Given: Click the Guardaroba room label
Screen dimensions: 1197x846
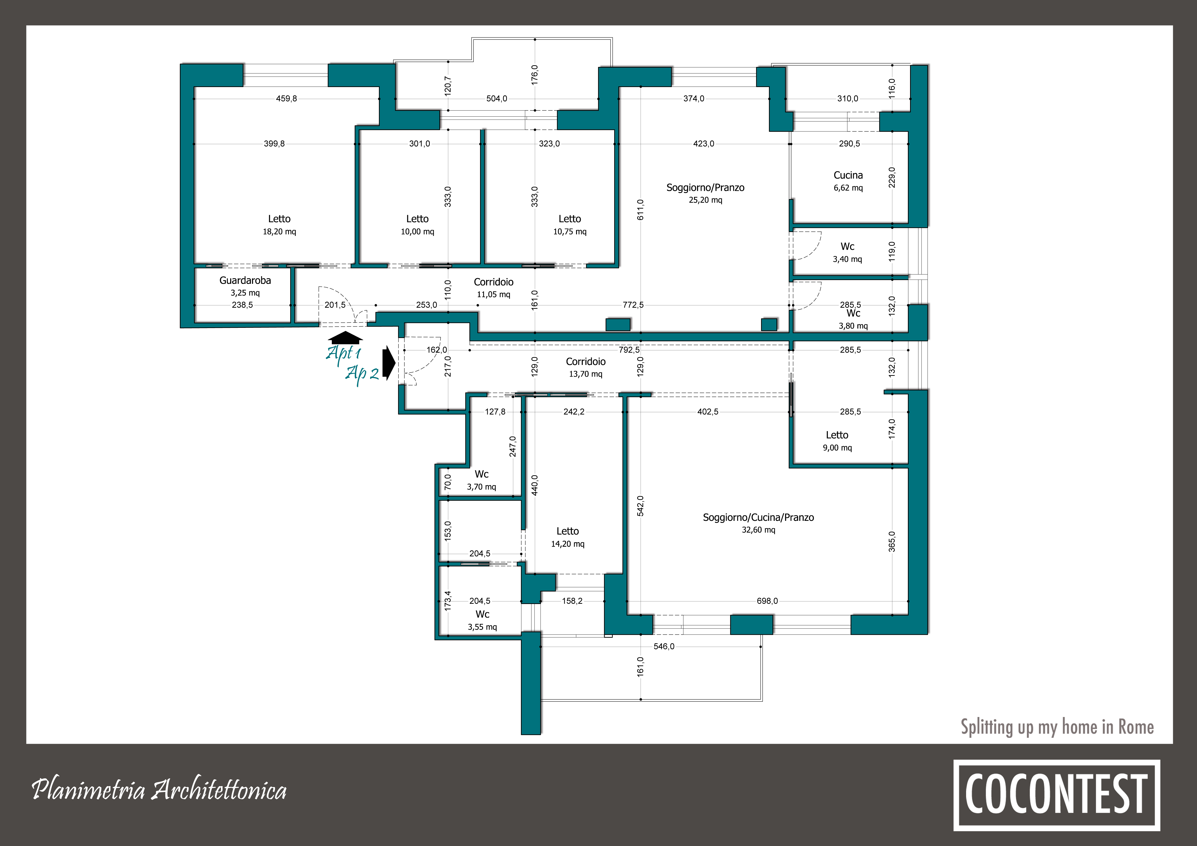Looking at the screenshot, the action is [245, 281].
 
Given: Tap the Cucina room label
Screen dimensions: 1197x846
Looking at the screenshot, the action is [848, 175].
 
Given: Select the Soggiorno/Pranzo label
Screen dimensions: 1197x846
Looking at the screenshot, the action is [705, 188].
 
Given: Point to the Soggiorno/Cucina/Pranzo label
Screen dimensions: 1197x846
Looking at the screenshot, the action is [758, 518].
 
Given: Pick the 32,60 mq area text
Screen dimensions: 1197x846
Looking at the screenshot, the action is [758, 530].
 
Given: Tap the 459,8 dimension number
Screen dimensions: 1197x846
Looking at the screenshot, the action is [286, 98].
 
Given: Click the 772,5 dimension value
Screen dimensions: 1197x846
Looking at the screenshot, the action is [633, 305].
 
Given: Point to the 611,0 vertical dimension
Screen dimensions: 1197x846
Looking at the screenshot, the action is [641, 209].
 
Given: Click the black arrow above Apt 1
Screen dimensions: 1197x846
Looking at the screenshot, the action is [345, 337].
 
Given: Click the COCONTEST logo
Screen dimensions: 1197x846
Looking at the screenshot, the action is [1056, 795].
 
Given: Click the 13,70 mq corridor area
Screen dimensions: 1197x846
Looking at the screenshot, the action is [586, 374].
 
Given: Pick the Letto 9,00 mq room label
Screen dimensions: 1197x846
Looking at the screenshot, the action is [837, 441].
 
